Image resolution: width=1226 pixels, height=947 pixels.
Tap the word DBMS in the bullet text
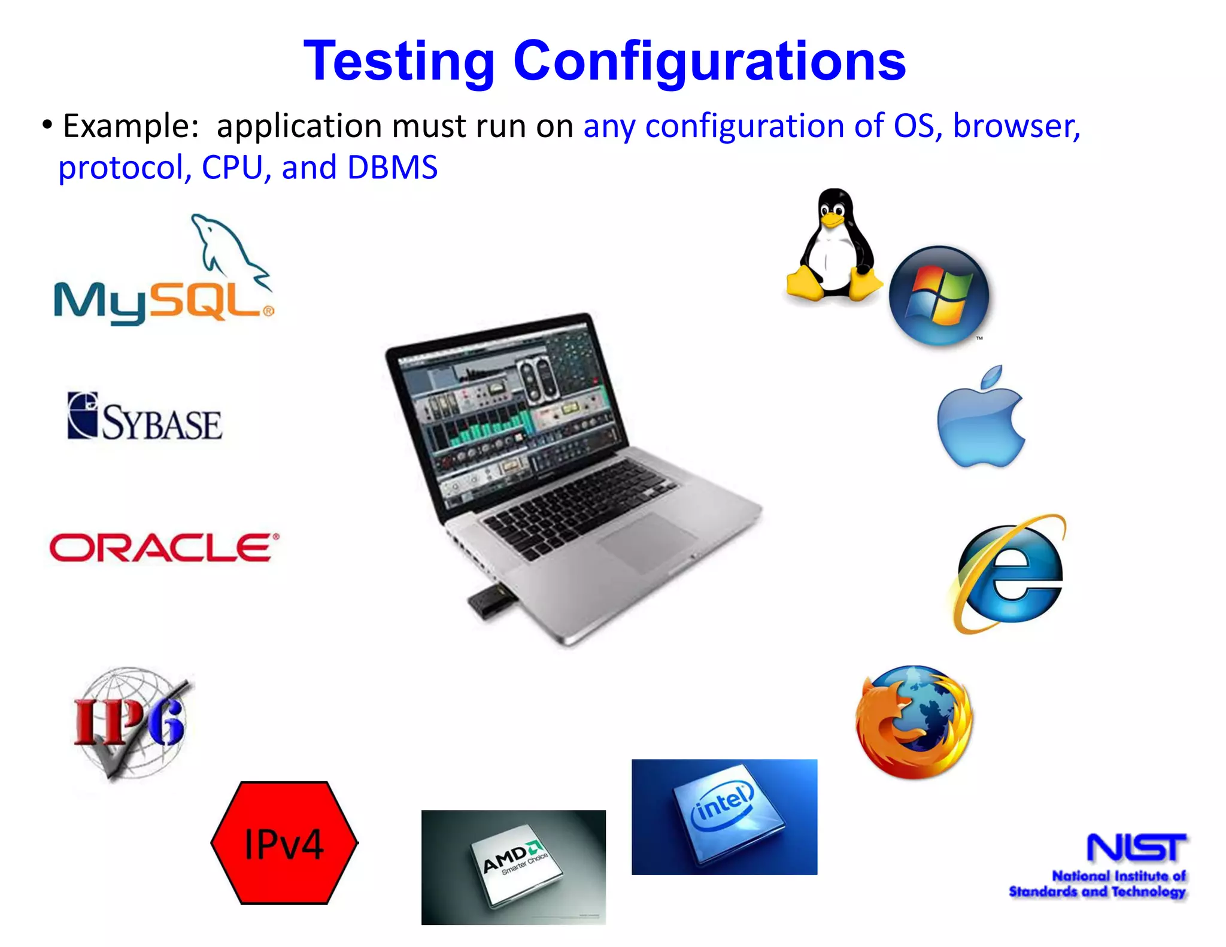click(392, 168)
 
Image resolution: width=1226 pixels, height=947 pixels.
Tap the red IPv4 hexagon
click(284, 843)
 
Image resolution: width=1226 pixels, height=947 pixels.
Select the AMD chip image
click(514, 867)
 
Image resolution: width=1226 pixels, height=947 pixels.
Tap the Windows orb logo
click(939, 295)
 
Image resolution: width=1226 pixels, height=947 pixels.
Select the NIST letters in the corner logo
click(1136, 848)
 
